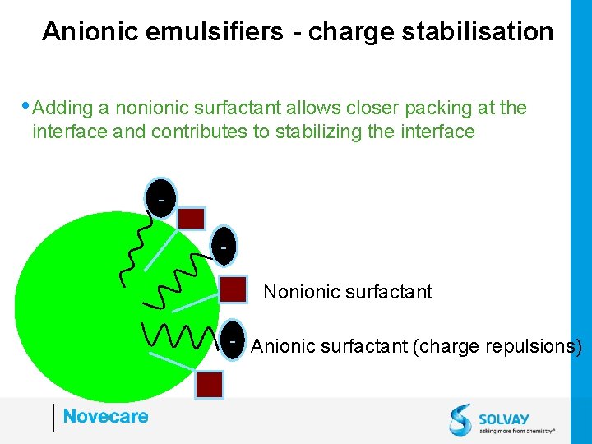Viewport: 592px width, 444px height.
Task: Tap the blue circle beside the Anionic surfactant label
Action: pos(234,339)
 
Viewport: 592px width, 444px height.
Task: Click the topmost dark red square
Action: pos(192,218)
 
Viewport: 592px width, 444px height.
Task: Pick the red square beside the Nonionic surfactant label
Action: pos(234,289)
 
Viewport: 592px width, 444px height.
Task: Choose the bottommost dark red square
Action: pos(210,384)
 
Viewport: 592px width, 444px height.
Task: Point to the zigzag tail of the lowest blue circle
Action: pos(177,335)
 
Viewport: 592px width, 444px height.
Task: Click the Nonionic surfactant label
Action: pos(348,292)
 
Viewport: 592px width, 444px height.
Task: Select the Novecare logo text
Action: pos(105,416)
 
